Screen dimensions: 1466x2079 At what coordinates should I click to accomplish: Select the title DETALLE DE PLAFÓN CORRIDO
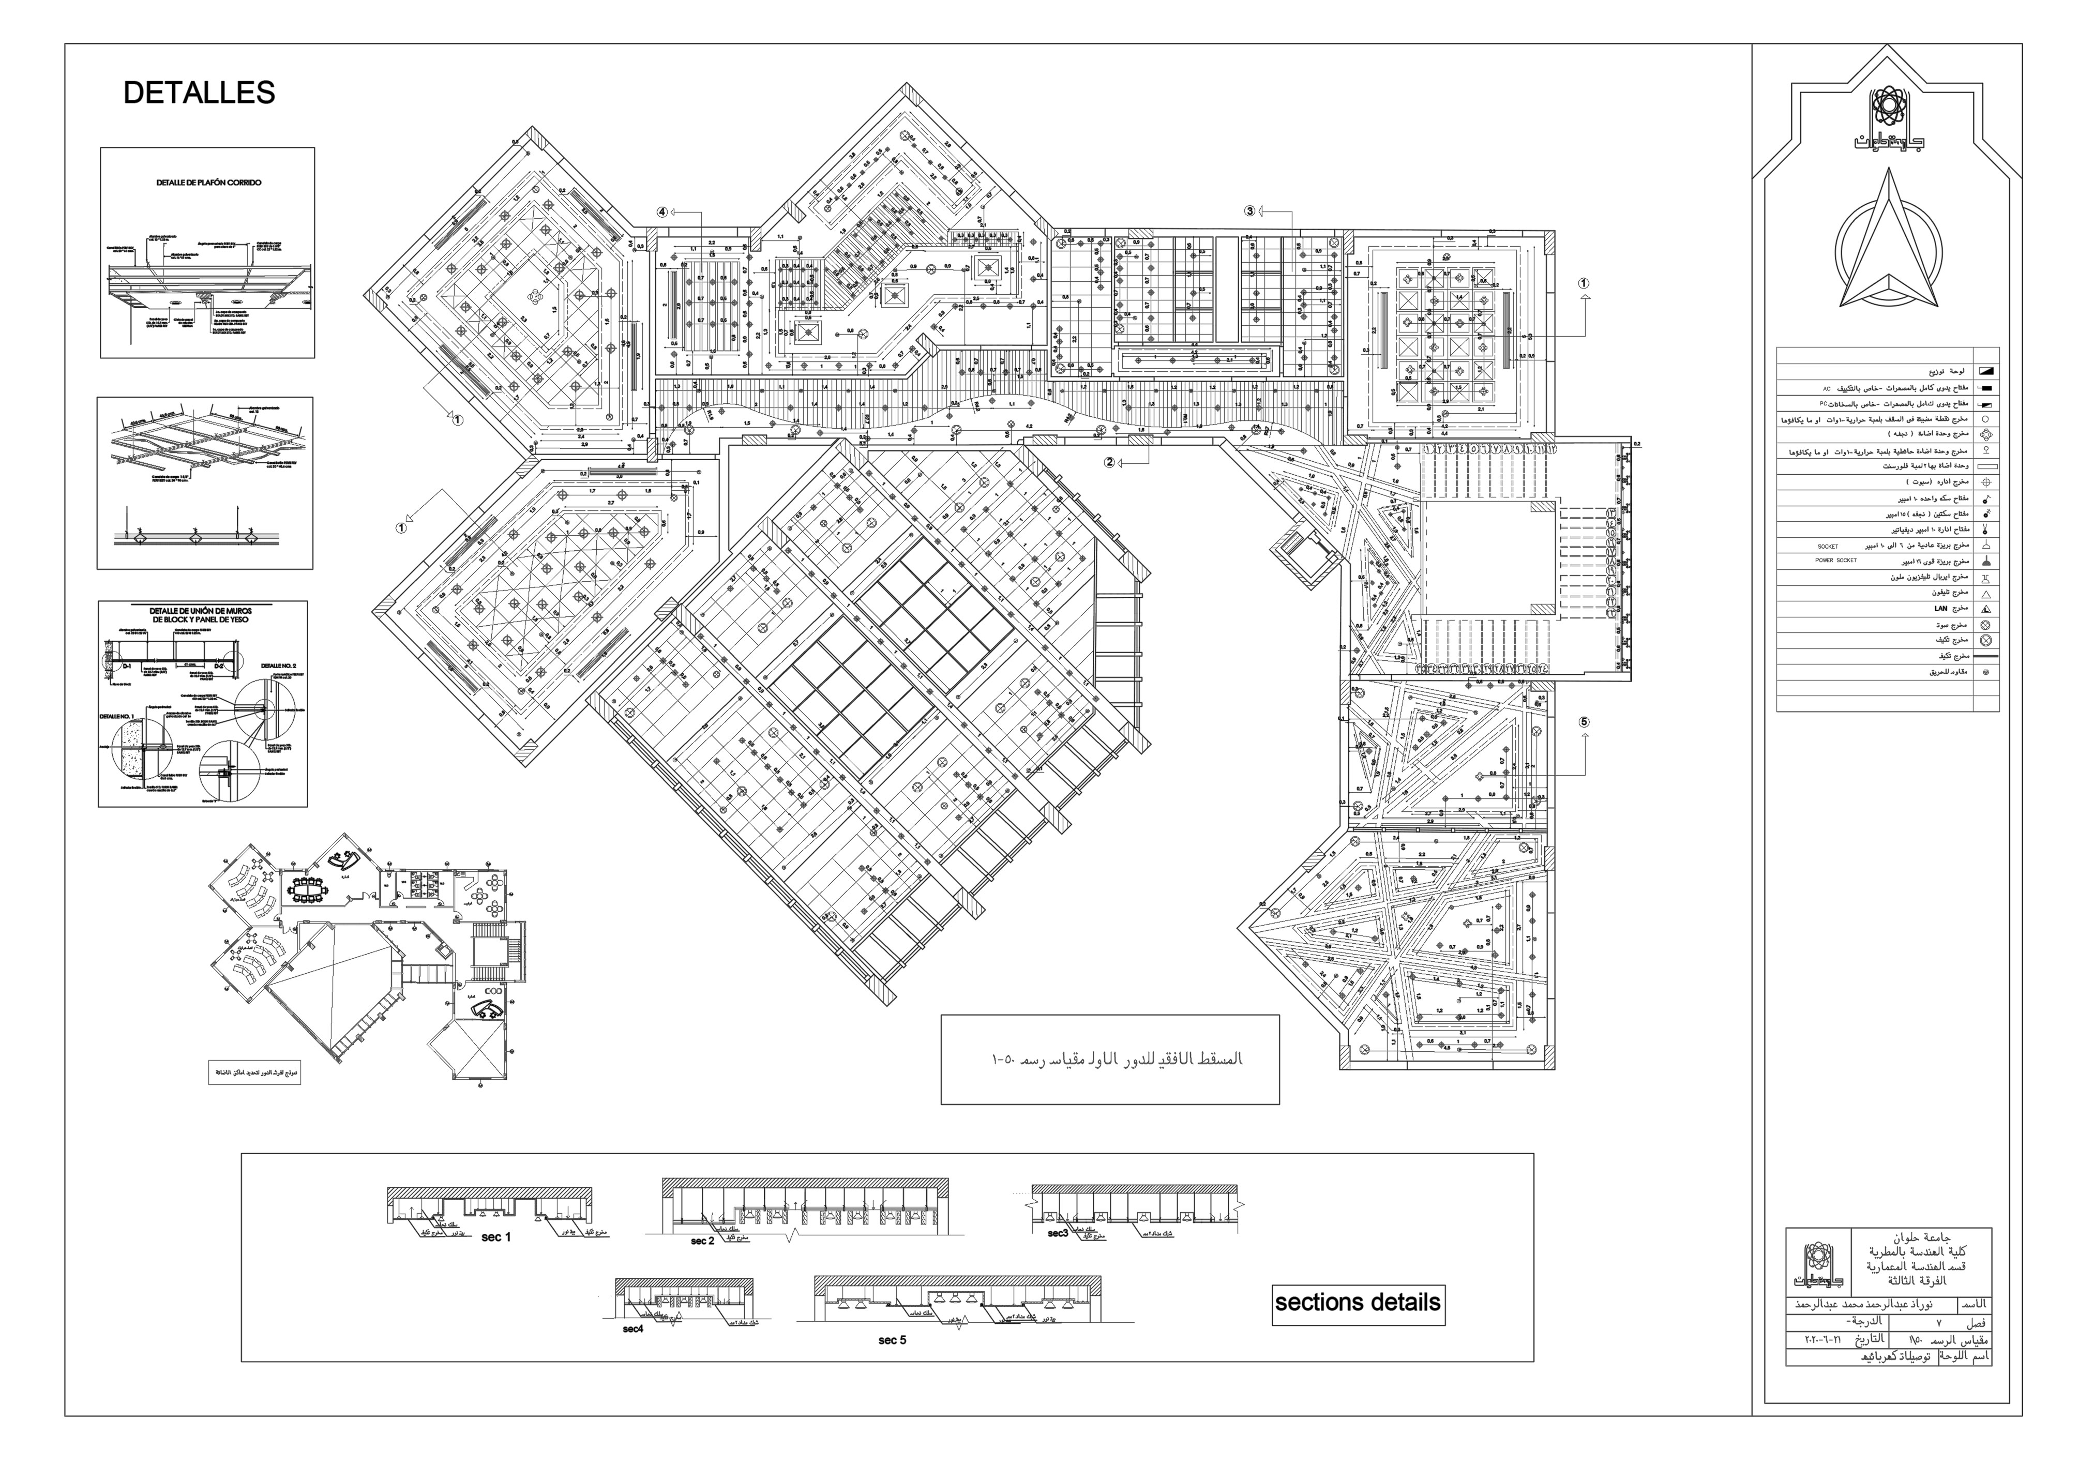click(x=208, y=182)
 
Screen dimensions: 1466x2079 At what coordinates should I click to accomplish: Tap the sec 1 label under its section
click(x=496, y=1237)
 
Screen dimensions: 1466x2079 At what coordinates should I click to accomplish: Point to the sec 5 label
click(x=892, y=1340)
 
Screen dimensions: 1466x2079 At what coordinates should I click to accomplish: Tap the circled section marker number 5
click(x=1584, y=722)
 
